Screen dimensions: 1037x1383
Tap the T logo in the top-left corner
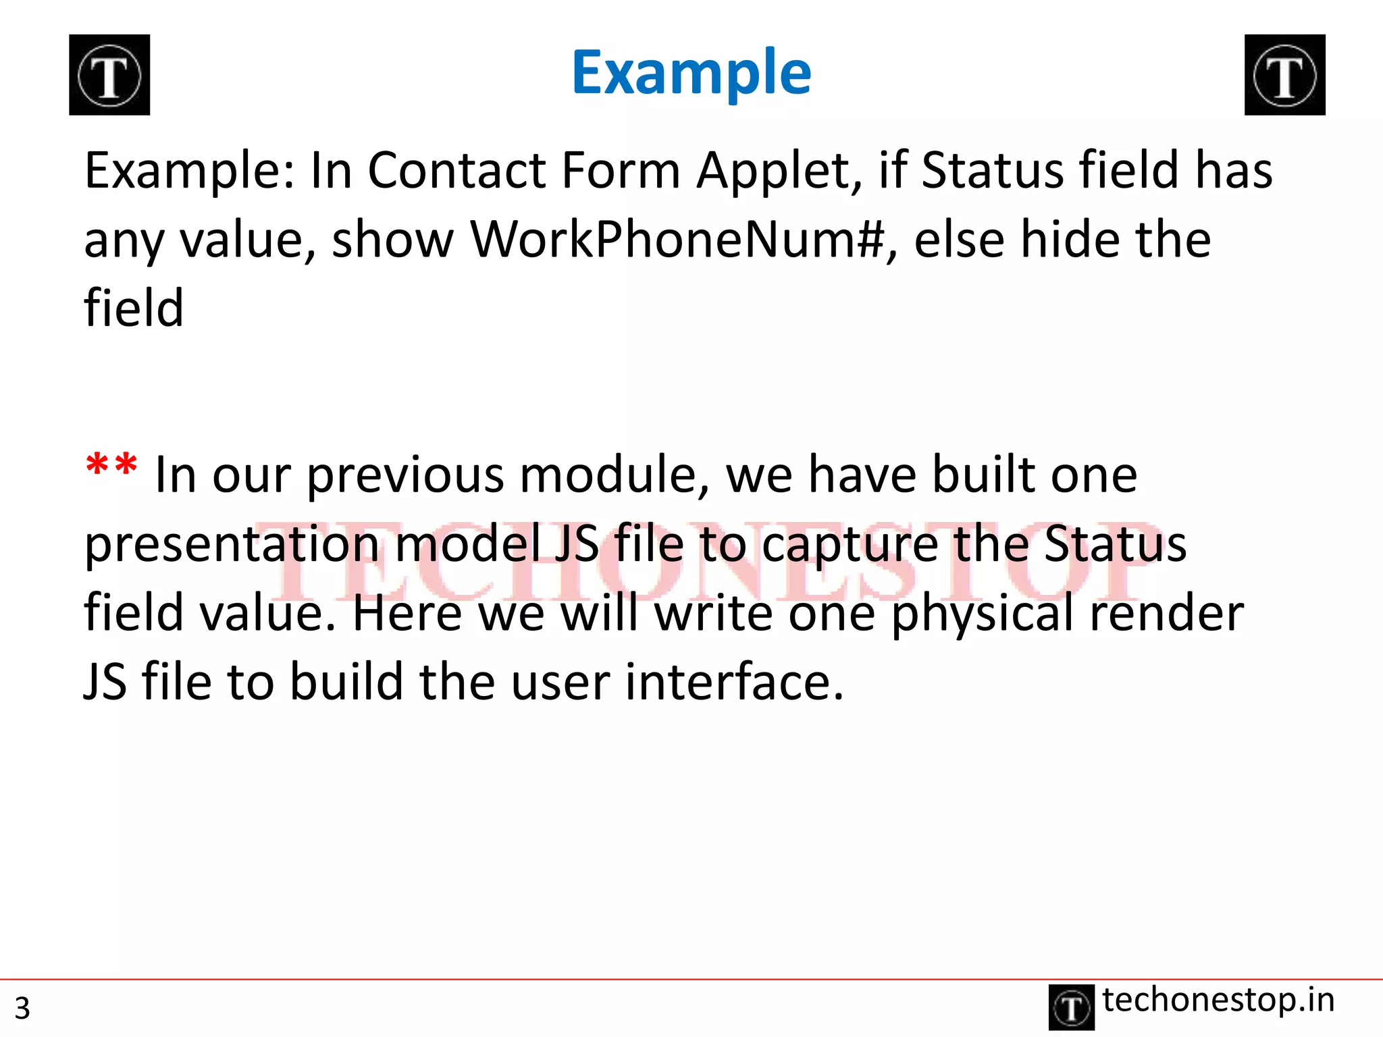109,75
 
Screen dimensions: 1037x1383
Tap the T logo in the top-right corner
1284,75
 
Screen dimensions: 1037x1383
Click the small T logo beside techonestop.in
1071,1007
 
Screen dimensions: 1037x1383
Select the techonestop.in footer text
1218,1000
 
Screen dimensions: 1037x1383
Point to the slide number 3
22,1008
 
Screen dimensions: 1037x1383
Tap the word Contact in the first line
456,170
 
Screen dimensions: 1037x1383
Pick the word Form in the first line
621,170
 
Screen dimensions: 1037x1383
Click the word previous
405,475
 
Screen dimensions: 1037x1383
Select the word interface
734,682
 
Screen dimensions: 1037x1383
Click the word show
393,239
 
